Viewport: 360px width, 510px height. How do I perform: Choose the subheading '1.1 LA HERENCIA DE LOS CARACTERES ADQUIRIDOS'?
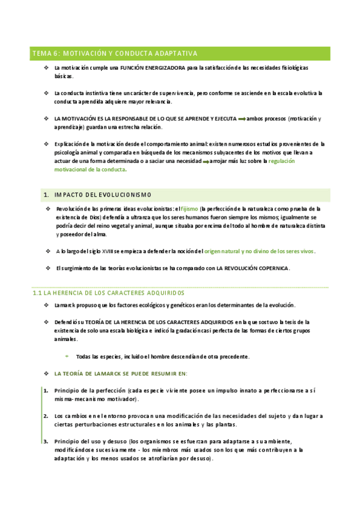(108, 293)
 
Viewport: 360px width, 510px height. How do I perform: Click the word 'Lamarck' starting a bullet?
(64, 306)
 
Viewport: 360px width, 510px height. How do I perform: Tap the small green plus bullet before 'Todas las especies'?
(67, 357)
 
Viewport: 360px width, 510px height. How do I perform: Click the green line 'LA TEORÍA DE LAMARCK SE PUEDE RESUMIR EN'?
(121, 373)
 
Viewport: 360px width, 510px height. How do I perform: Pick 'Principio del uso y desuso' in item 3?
(91, 441)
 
